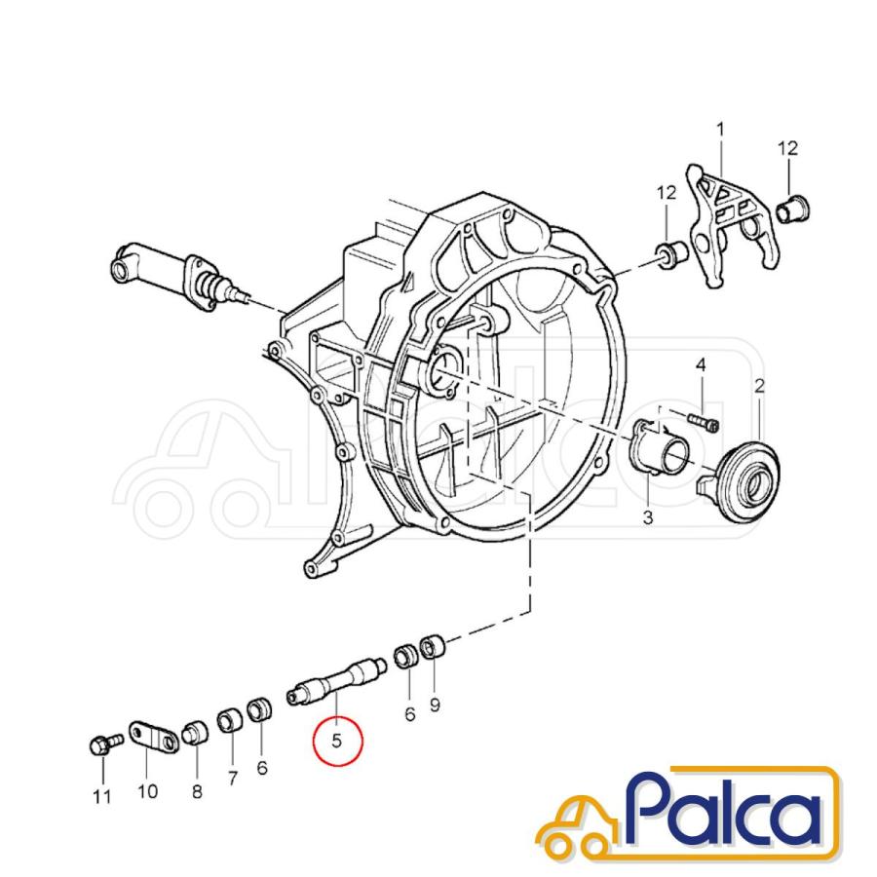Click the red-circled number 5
pyautogui.click(x=337, y=741)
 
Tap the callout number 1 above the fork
pyautogui.click(x=720, y=130)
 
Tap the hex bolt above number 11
pyautogui.click(x=106, y=744)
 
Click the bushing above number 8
pyautogui.click(x=194, y=733)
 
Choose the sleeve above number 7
pyautogui.click(x=230, y=721)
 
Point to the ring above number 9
pyautogui.click(x=433, y=648)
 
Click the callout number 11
pyautogui.click(x=101, y=796)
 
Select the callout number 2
pyautogui.click(x=759, y=385)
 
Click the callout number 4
pyautogui.click(x=701, y=365)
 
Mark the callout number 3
pyautogui.click(x=648, y=517)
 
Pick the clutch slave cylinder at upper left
pyautogui.click(x=180, y=273)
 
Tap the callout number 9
pyautogui.click(x=436, y=705)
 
